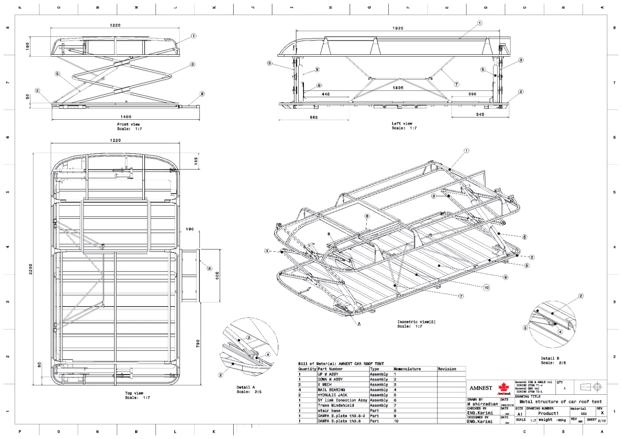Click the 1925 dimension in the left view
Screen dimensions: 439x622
point(398,28)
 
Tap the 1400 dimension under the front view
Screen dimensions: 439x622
point(126,117)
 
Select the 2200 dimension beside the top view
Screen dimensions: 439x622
point(31,269)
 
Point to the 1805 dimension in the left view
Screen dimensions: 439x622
point(398,88)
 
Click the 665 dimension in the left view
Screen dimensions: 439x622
point(313,117)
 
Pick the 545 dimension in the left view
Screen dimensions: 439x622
point(480,115)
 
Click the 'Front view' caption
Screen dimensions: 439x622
point(128,124)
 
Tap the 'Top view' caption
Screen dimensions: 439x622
point(134,393)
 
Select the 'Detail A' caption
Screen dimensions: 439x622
point(246,387)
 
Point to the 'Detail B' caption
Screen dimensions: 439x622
point(550,358)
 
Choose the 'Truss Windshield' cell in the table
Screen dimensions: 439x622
point(335,405)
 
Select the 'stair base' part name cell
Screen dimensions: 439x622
point(329,411)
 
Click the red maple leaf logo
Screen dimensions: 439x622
point(504,387)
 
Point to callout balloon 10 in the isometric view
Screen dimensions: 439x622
point(486,287)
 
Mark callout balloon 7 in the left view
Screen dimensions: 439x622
point(456,84)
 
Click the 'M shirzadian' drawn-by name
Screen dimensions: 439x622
point(482,404)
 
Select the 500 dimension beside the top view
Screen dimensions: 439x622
point(217,275)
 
